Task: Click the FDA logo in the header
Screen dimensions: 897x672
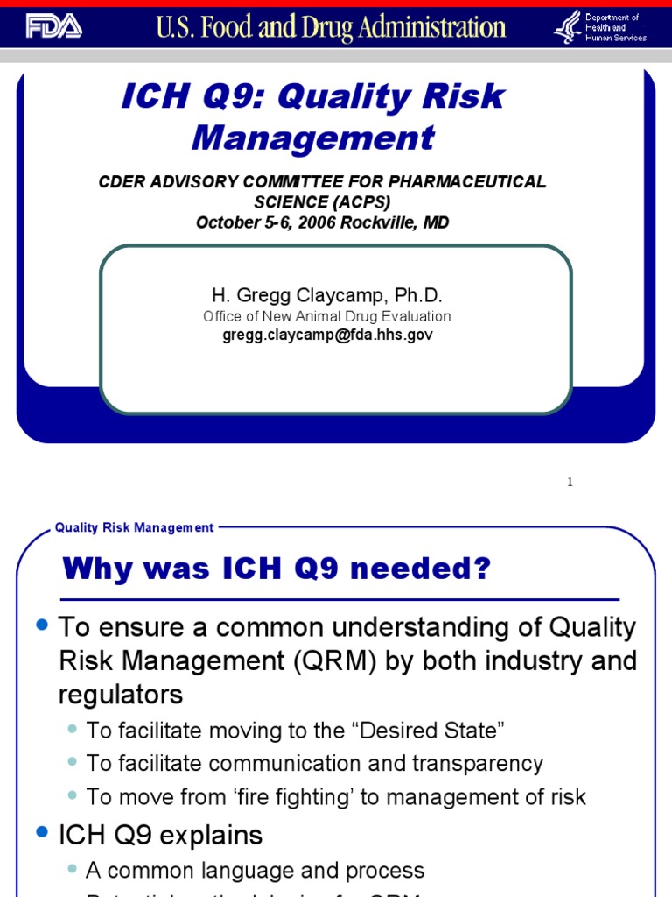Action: [52, 27]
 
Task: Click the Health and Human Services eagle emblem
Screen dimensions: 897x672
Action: [567, 26]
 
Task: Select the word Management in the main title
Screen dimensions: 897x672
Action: [313, 138]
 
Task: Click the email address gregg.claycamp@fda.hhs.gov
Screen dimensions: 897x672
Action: [327, 335]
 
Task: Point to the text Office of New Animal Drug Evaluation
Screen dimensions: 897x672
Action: [327, 316]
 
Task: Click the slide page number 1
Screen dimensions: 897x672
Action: [570, 482]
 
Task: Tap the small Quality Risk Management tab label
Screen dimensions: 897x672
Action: [134, 527]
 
